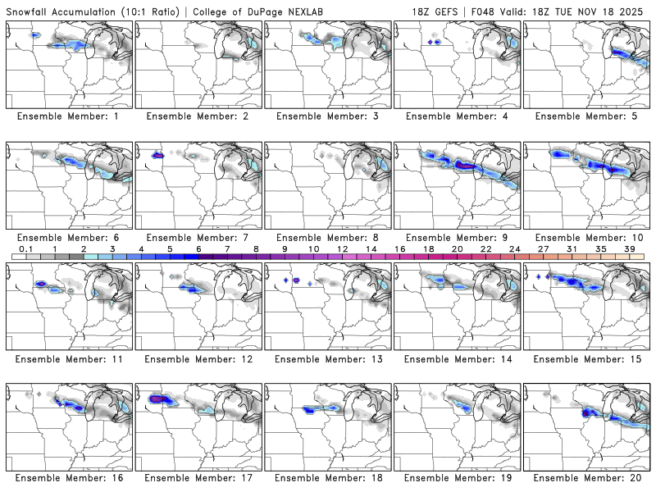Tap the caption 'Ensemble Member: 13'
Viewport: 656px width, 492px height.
click(330, 359)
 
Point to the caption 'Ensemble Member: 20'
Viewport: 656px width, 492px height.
click(589, 477)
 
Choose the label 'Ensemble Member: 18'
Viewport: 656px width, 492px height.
click(330, 477)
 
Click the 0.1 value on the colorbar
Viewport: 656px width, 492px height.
click(26, 248)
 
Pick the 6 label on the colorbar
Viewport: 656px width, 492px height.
click(198, 248)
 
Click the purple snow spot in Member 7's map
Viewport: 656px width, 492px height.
click(159, 153)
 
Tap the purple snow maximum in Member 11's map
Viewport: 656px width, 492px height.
click(40, 283)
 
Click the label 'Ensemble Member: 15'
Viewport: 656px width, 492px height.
click(589, 359)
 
